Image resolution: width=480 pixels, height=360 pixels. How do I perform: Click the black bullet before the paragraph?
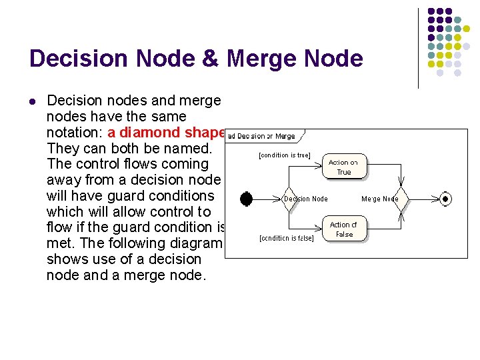click(33, 101)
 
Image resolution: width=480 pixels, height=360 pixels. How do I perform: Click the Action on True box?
click(343, 167)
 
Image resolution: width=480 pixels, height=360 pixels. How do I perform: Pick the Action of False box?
click(344, 229)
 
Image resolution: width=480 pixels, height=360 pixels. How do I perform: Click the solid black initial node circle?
click(246, 199)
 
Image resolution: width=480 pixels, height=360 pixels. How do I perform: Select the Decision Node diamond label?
click(306, 199)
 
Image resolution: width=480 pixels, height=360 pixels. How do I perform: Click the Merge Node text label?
click(380, 199)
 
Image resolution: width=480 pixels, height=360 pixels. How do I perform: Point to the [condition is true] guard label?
click(284, 155)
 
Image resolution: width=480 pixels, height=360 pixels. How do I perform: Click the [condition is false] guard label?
click(286, 238)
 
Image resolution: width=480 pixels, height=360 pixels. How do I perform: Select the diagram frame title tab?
click(262, 136)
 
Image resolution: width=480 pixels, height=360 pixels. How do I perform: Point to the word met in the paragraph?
click(59, 243)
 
